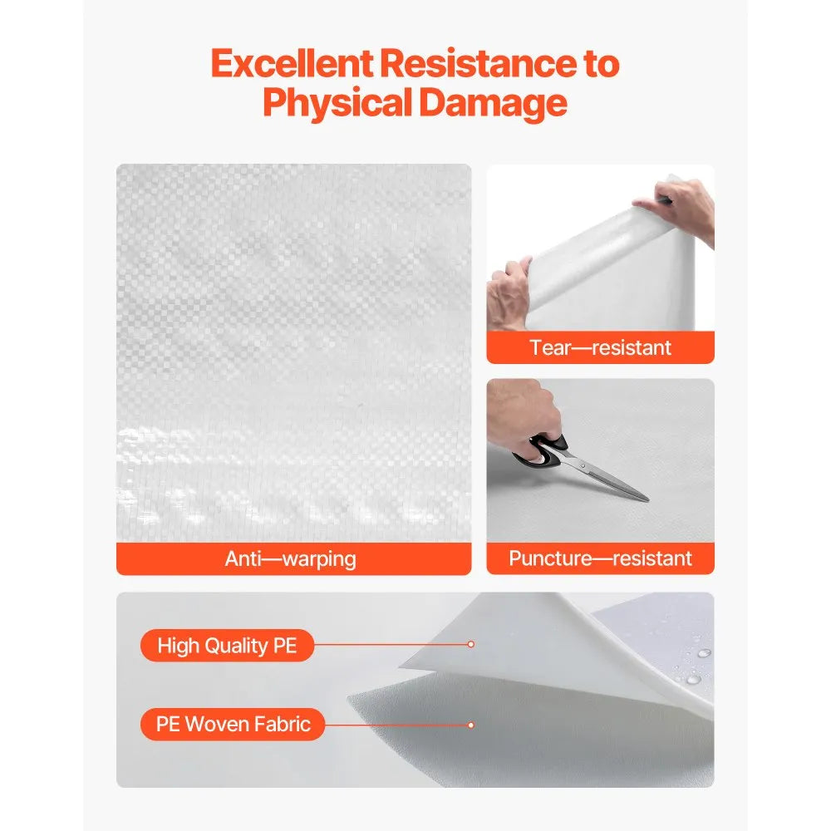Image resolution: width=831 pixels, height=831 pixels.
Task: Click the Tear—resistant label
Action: [600, 347]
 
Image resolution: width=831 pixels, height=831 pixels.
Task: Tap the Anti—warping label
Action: [291, 558]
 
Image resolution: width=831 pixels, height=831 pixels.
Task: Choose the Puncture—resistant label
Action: [600, 558]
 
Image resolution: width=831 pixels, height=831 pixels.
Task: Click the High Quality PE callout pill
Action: [227, 646]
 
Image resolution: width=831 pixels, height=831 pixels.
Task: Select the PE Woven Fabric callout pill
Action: [233, 724]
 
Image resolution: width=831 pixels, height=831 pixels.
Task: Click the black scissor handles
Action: [544, 450]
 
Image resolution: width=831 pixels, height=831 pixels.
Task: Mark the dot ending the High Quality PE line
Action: [470, 644]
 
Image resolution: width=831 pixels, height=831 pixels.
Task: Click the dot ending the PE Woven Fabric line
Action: [470, 725]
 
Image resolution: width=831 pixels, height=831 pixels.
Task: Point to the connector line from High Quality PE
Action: [391, 644]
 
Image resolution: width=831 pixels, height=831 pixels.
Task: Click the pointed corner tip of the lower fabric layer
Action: [350, 697]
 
